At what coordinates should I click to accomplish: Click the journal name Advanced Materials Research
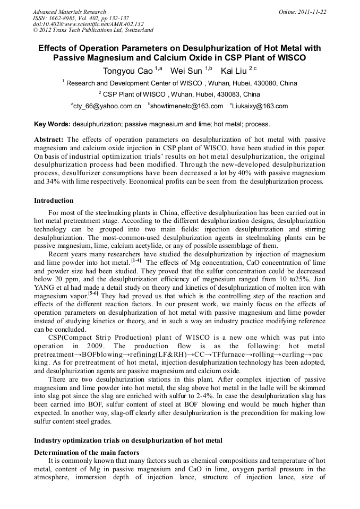click(x=70, y=12)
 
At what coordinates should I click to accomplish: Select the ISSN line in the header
click(x=81, y=18)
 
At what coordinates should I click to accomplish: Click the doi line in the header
click(x=88, y=24)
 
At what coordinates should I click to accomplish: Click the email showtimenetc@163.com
click(x=187, y=106)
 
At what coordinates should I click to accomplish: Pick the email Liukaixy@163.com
click(x=260, y=106)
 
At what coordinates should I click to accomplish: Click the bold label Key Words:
click(x=52, y=124)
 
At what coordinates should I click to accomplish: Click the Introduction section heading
click(x=54, y=201)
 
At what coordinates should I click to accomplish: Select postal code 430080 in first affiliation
click(x=263, y=83)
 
